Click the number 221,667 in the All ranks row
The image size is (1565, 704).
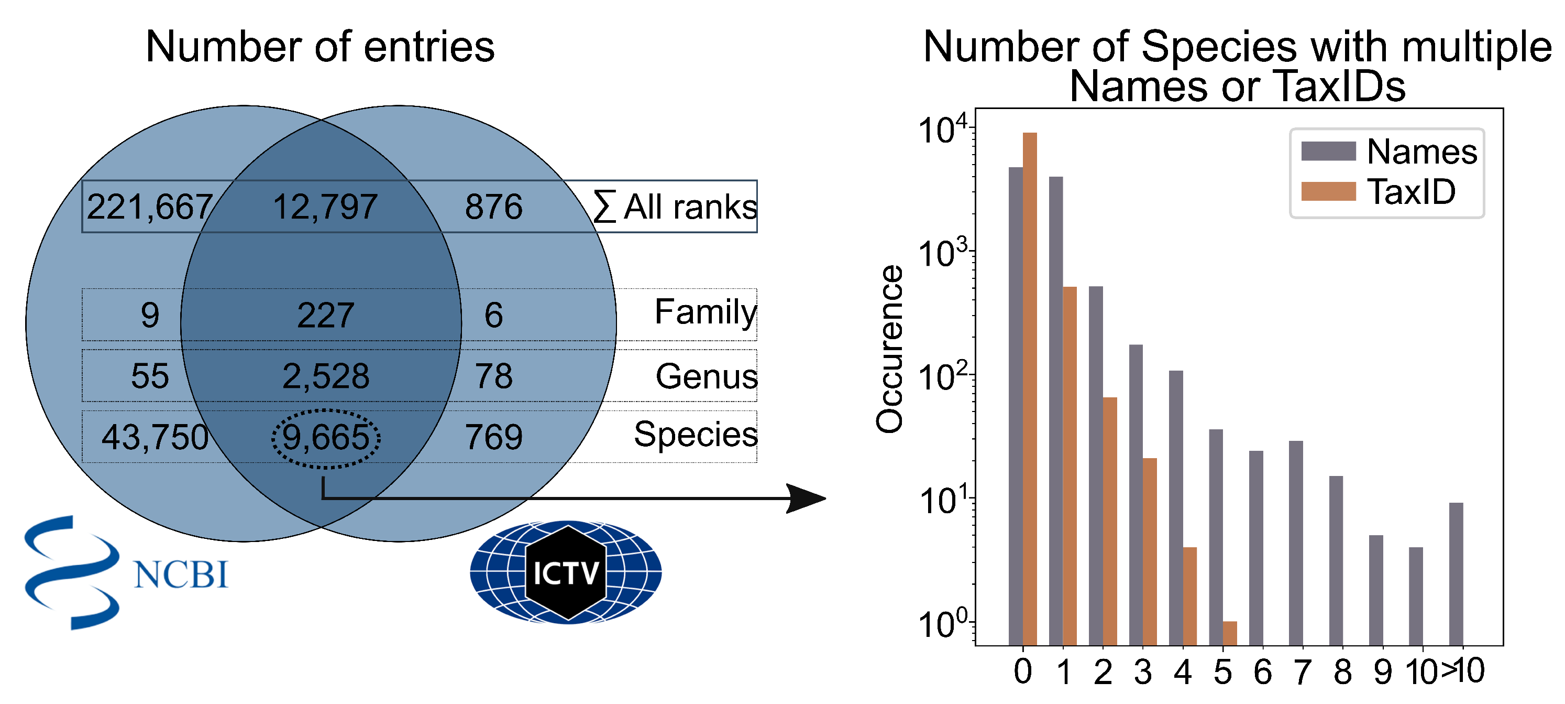[149, 207]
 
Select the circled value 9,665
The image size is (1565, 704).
[326, 437]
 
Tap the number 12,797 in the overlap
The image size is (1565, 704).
[326, 207]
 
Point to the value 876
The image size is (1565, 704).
[493, 207]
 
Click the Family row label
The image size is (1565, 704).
[706, 312]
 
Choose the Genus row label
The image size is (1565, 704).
[706, 376]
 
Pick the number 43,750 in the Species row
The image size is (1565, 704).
[155, 437]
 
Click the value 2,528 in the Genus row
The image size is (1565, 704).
[326, 376]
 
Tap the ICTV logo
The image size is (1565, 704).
[566, 572]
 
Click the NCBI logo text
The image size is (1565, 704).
[181, 575]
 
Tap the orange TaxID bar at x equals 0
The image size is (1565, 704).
[1030, 389]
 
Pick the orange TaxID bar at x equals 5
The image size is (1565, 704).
[1230, 633]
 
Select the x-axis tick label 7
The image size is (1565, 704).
[1302, 672]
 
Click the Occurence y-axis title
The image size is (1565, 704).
[889, 350]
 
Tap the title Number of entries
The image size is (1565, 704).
[320, 47]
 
